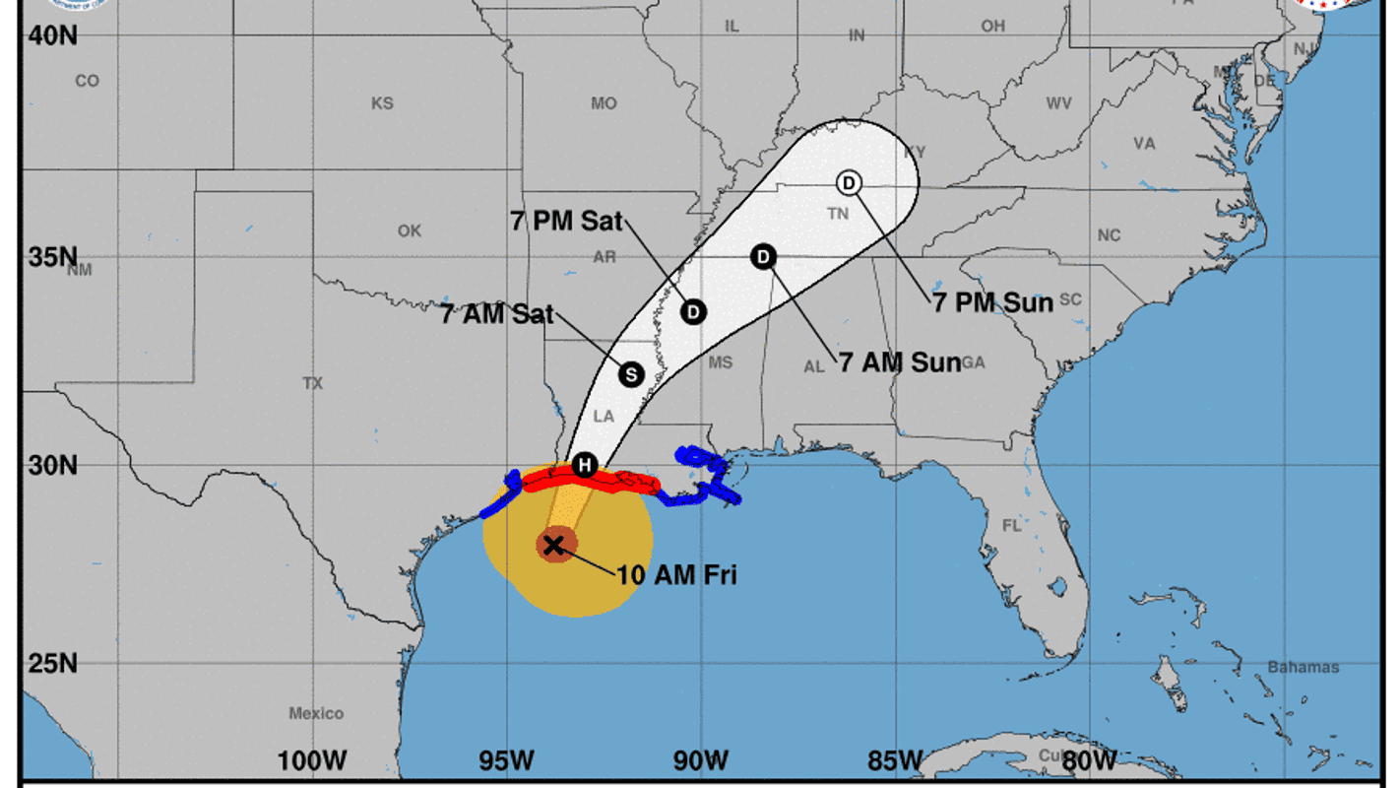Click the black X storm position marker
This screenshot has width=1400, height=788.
[554, 545]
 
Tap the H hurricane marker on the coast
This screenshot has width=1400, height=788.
[585, 465]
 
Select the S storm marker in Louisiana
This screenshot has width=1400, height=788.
[631, 374]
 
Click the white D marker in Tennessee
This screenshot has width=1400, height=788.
[849, 182]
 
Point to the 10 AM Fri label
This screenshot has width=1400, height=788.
[676, 574]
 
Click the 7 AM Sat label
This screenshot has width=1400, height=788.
[497, 315]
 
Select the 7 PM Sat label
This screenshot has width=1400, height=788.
[567, 221]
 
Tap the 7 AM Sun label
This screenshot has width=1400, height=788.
[899, 362]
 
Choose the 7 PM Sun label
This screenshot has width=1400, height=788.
[992, 302]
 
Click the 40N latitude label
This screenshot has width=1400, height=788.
[52, 35]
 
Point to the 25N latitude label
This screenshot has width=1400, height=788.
[52, 663]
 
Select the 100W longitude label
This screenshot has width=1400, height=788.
[312, 760]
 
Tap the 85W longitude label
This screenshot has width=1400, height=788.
[895, 760]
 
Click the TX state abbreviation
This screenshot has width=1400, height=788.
[313, 382]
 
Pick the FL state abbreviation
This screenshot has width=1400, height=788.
[1012, 525]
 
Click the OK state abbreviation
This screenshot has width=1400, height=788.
[410, 230]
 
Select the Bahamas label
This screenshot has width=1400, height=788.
[1303, 667]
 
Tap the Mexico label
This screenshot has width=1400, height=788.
[316, 713]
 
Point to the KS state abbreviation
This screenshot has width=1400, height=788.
[382, 102]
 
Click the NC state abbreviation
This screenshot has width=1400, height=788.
[1110, 235]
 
